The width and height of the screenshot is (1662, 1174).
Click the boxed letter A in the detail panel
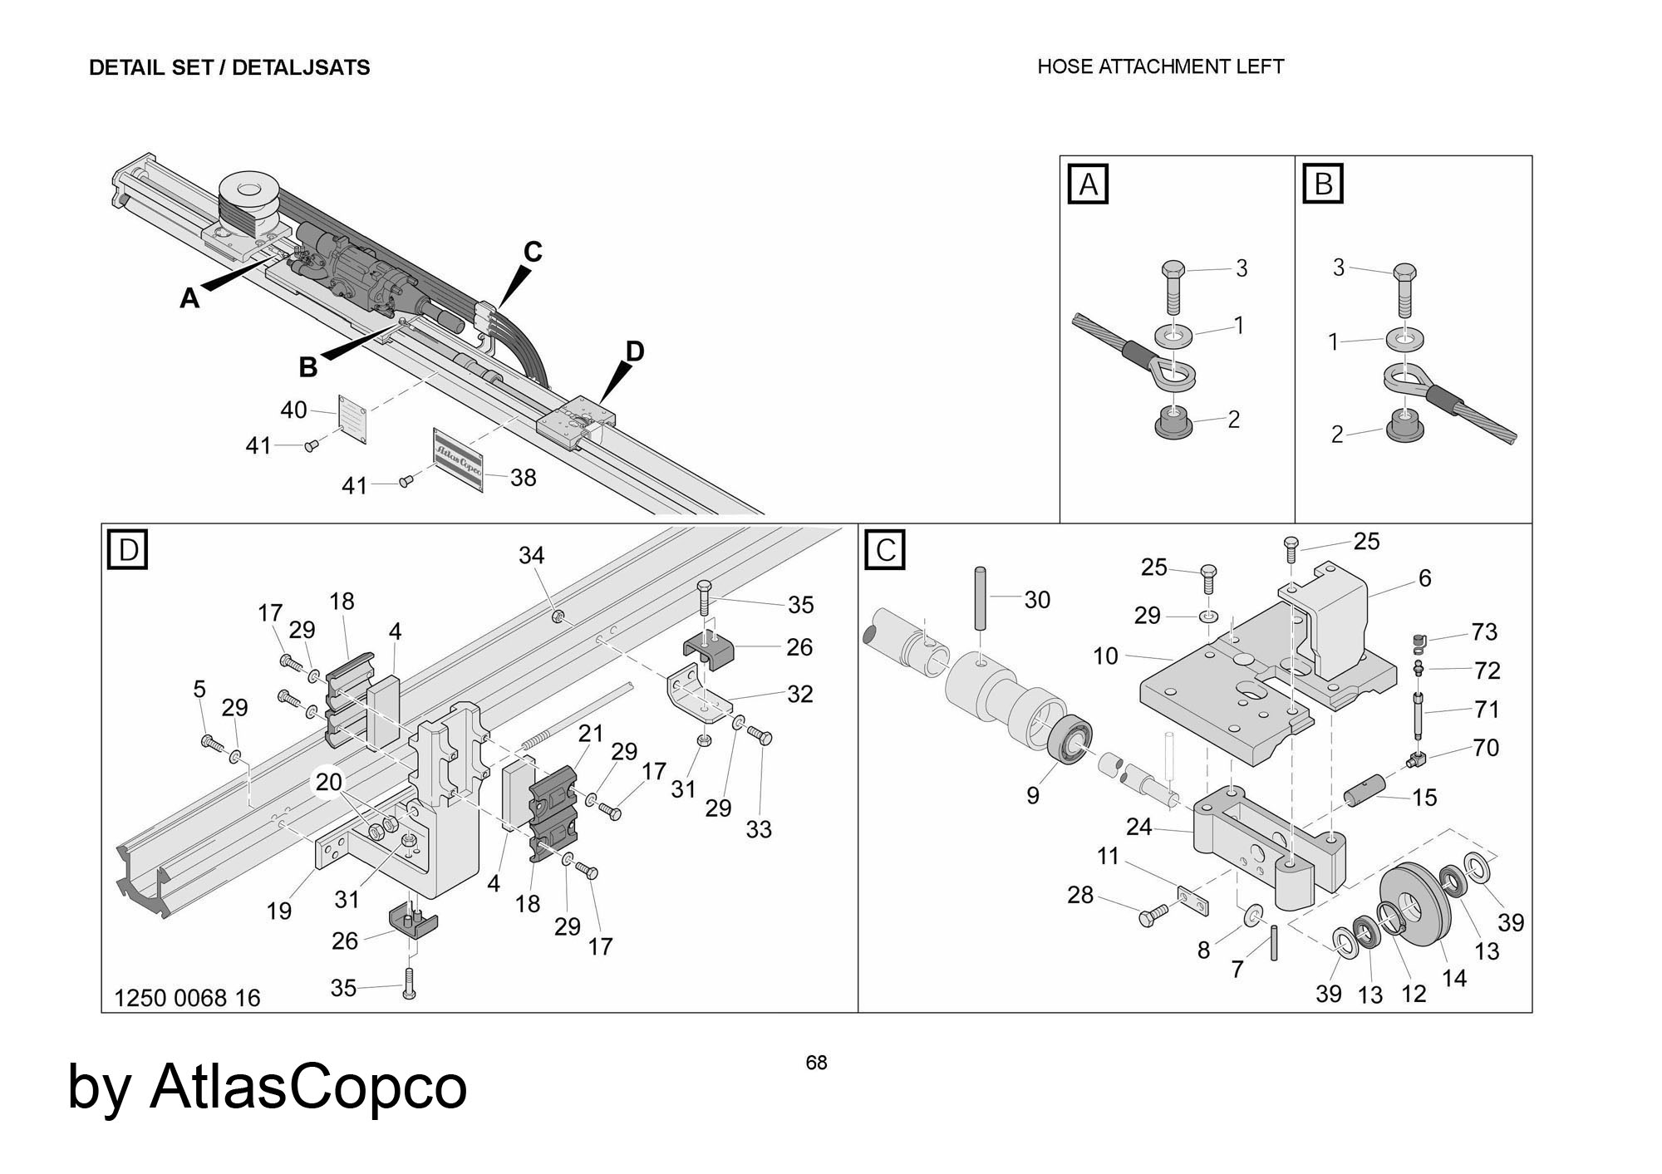[x=1088, y=184]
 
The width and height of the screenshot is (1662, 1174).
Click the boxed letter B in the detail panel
[x=1323, y=184]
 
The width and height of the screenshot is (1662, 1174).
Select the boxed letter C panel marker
[x=885, y=550]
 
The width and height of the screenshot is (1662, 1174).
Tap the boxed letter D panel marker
[x=128, y=550]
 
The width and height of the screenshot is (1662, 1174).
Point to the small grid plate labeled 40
[x=353, y=413]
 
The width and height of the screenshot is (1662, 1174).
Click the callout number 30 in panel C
[x=1037, y=600]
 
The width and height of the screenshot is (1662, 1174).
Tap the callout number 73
[x=1484, y=632]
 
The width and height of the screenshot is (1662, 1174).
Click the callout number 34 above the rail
[x=532, y=555]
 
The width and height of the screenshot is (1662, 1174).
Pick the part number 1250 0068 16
[x=187, y=998]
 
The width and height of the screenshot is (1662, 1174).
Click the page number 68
[x=816, y=1063]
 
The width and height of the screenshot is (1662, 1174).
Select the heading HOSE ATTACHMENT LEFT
[x=1160, y=66]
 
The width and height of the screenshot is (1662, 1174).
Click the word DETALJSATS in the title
[x=301, y=67]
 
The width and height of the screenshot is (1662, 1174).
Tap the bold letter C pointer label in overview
[x=533, y=251]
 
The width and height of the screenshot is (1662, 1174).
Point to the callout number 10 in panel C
[x=1105, y=656]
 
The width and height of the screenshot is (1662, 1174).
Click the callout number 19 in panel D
[x=279, y=911]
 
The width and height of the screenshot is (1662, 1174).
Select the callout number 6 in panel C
[x=1424, y=578]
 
